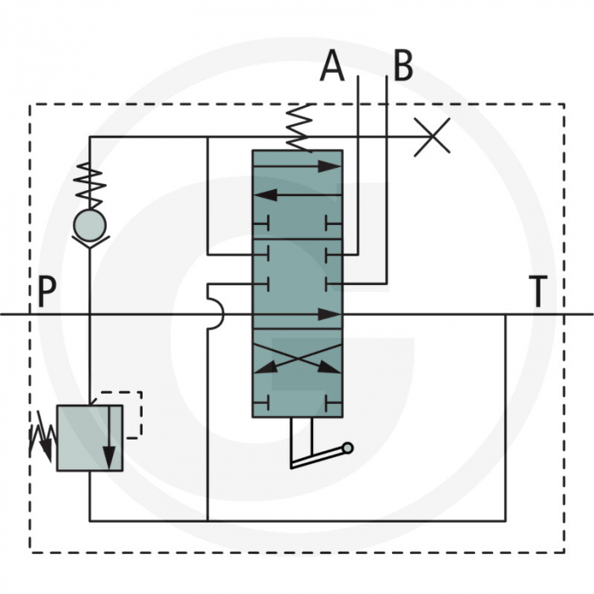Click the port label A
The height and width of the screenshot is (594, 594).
pyautogui.click(x=333, y=66)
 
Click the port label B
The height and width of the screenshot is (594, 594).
pyautogui.click(x=402, y=65)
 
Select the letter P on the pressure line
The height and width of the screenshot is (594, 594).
pyautogui.click(x=47, y=293)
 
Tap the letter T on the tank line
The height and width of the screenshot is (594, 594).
pyautogui.click(x=537, y=293)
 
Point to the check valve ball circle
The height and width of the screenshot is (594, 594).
pyautogui.click(x=89, y=224)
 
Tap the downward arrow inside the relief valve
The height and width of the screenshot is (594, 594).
pyautogui.click(x=109, y=437)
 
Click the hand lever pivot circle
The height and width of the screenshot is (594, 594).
pyautogui.click(x=348, y=448)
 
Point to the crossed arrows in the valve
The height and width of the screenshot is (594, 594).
pyautogui.click(x=297, y=357)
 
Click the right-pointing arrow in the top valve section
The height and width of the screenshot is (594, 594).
pyautogui.click(x=297, y=166)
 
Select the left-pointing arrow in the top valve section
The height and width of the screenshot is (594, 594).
pyautogui.click(x=297, y=194)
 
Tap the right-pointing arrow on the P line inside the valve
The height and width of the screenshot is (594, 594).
pyautogui.click(x=297, y=314)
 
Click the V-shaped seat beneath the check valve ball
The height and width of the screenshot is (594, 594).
pyautogui.click(x=89, y=242)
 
